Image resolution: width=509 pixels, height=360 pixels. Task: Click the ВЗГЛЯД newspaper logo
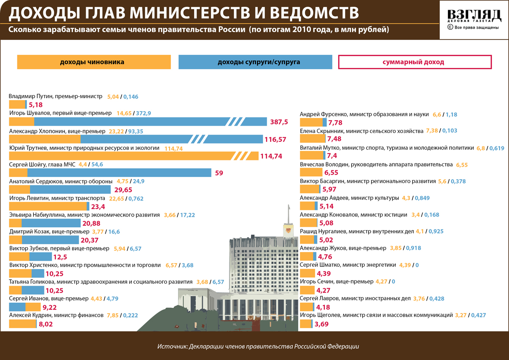pyautogui.click(x=473, y=16)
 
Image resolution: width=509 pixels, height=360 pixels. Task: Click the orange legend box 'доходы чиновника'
pyautogui.click(x=94, y=62)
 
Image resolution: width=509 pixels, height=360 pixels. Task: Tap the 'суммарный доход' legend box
pyautogui.click(x=415, y=62)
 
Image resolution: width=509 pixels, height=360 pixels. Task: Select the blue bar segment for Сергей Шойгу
pyautogui.click(x=119, y=172)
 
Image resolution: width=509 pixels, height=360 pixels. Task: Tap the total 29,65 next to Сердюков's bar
pyautogui.click(x=123, y=190)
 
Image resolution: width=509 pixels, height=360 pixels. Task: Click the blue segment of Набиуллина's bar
pyautogui.click(x=51, y=223)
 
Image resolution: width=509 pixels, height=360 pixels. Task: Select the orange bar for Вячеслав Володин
pyautogui.click(x=310, y=172)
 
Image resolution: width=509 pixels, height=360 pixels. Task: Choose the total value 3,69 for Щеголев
pyautogui.click(x=322, y=324)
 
